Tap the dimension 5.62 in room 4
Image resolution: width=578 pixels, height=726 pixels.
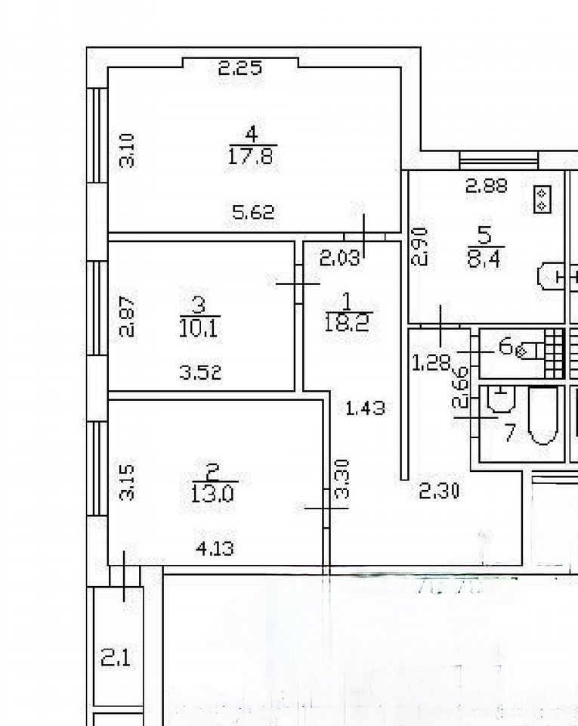tap(252, 214)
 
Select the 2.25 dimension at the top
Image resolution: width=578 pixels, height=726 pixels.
tap(240, 69)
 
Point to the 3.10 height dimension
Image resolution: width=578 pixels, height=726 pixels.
tap(128, 150)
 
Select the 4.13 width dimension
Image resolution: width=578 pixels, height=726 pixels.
tap(214, 547)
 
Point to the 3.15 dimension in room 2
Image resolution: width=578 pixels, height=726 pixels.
tap(129, 482)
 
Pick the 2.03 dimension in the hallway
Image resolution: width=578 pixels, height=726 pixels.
tap(340, 259)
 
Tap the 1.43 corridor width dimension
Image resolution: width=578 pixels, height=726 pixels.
tap(365, 408)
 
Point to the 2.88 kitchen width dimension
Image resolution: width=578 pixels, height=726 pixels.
tap(486, 185)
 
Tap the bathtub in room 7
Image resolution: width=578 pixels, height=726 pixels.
tap(542, 416)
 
